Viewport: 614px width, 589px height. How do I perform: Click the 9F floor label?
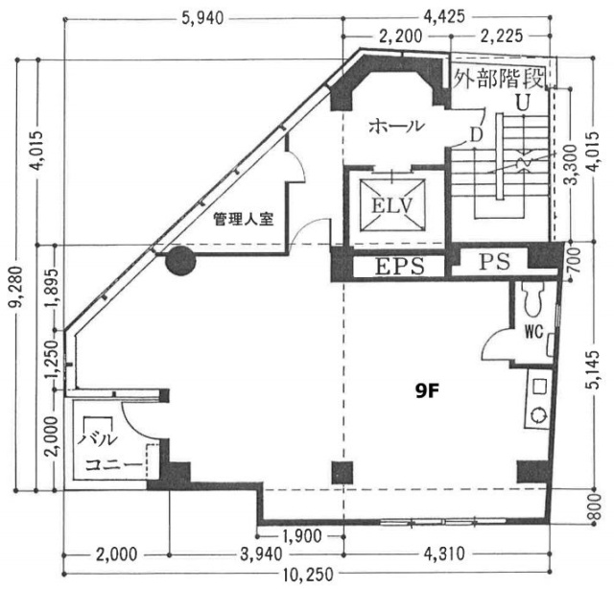pyautogui.click(x=429, y=389)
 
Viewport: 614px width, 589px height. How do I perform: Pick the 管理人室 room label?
pyautogui.click(x=244, y=219)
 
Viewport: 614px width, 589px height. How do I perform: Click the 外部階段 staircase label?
pyautogui.click(x=500, y=78)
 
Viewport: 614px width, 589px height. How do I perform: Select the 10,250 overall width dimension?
pyautogui.click(x=310, y=576)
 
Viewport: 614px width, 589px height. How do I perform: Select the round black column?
pyautogui.click(x=178, y=259)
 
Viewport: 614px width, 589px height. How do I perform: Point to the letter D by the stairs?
pyautogui.click(x=476, y=134)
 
